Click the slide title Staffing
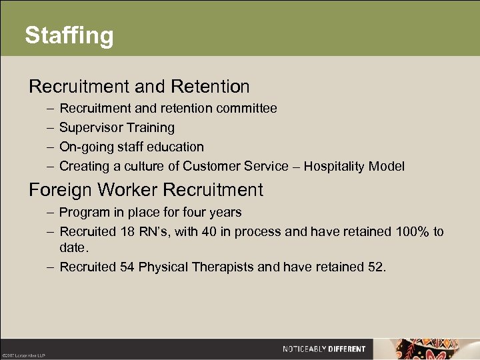coord(69,35)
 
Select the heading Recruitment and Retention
coord(139,87)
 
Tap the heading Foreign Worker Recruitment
coord(146,190)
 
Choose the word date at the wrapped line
coord(73,247)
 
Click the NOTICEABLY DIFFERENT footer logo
coord(324,349)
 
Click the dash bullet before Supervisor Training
coord(51,127)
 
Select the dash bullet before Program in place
coord(51,213)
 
